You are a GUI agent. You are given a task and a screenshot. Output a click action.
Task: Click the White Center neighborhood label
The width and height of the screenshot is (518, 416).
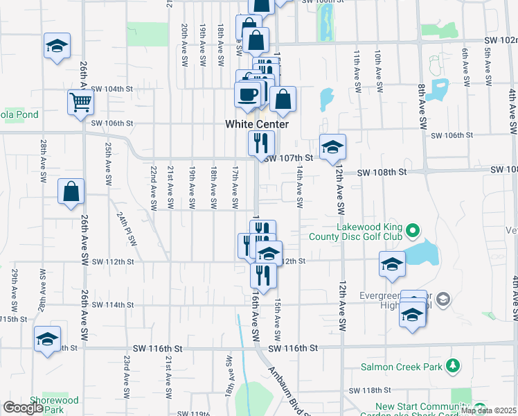pyautogui.click(x=256, y=124)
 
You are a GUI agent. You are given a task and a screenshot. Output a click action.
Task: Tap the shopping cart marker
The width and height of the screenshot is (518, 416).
pyautogui.click(x=81, y=103)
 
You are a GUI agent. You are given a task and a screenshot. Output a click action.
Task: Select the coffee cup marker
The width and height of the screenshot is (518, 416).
pyautogui.click(x=248, y=95)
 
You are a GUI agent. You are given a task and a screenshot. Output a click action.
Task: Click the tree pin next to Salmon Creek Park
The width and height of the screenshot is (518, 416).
pyautogui.click(x=453, y=365)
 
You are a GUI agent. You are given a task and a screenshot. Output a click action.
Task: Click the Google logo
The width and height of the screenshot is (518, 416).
pyautogui.click(x=22, y=408)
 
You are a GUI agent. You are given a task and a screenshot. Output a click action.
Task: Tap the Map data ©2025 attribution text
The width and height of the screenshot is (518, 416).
pyautogui.click(x=488, y=410)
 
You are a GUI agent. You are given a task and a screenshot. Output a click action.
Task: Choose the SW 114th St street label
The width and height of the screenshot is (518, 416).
pyautogui.click(x=111, y=305)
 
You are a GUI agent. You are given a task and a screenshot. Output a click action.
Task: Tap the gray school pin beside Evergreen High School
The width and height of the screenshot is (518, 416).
pyautogui.click(x=444, y=299)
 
